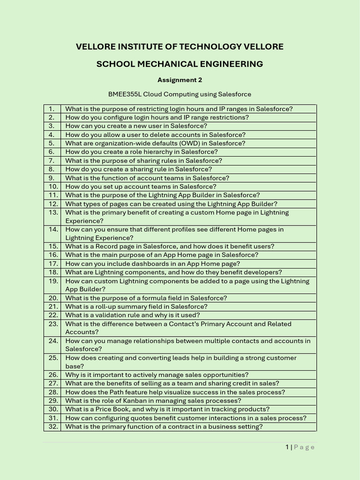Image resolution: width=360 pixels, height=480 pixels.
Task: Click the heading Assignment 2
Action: [x=180, y=80]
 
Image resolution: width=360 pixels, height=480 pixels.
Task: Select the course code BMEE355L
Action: [x=125, y=94]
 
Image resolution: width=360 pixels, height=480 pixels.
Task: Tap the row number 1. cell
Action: [x=52, y=109]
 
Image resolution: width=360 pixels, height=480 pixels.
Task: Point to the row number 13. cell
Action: [x=53, y=212]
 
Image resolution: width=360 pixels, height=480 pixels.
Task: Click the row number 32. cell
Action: [x=53, y=427]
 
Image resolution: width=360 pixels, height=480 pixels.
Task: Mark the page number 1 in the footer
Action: [x=287, y=447]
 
